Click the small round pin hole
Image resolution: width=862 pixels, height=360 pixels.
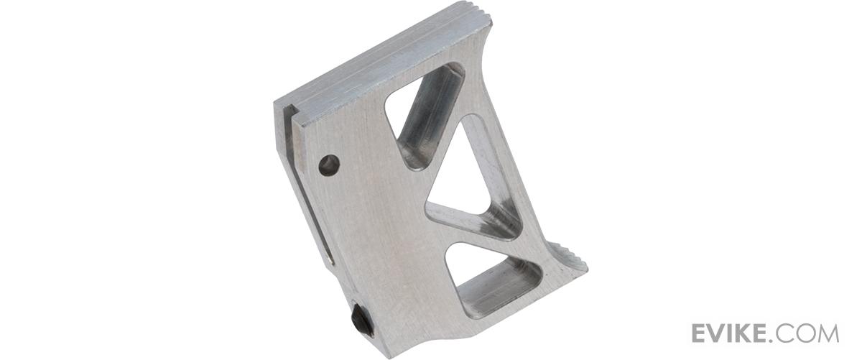click(x=330, y=165)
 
